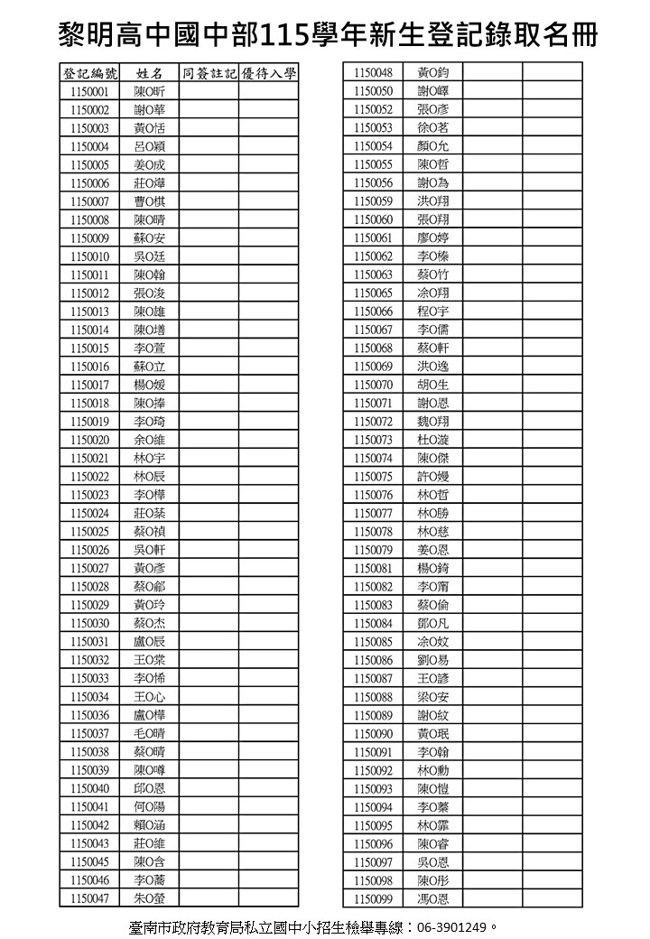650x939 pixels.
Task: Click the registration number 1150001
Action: (x=89, y=91)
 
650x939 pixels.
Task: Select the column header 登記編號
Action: (x=89, y=73)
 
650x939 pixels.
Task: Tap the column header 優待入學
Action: (x=269, y=73)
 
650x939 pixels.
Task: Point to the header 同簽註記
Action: (x=209, y=73)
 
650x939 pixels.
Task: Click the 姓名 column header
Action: (x=150, y=73)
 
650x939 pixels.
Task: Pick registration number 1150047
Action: (x=89, y=898)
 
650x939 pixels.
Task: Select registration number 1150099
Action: (x=373, y=898)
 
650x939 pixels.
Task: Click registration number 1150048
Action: (x=373, y=73)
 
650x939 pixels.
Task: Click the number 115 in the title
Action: (x=279, y=36)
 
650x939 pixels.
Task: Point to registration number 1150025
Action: (x=89, y=532)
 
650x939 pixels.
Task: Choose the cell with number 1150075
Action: (x=373, y=477)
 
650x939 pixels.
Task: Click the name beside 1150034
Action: (x=150, y=697)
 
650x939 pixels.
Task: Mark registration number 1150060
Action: (x=373, y=220)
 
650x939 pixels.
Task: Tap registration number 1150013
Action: (x=89, y=311)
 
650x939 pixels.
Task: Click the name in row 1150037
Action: (x=150, y=734)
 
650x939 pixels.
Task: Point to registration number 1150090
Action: (x=373, y=734)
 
